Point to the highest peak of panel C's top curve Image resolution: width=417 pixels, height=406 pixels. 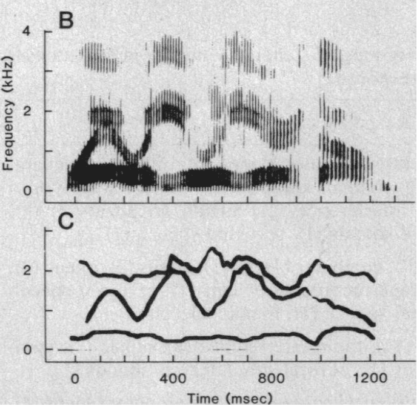point(212,249)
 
